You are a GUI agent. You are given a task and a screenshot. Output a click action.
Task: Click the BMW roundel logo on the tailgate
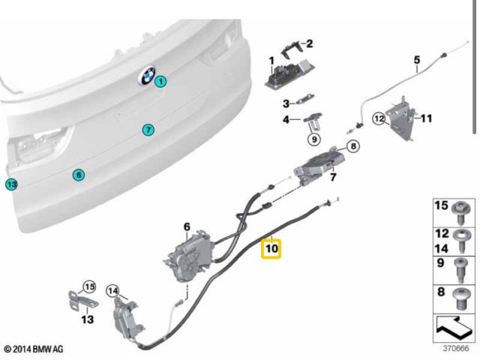[145, 77]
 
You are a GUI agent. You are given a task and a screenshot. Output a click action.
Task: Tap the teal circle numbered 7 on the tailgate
[148, 130]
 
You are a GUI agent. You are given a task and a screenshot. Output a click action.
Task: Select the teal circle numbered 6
[79, 175]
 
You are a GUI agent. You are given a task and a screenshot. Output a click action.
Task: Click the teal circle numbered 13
[10, 184]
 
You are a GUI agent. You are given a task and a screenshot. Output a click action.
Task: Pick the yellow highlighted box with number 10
[271, 247]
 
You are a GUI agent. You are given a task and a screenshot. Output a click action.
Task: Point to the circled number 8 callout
[353, 146]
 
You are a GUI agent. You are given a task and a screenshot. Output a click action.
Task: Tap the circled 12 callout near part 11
[379, 118]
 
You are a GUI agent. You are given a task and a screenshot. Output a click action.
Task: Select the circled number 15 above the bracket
[89, 286]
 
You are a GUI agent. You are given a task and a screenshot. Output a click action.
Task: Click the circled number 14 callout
[112, 291]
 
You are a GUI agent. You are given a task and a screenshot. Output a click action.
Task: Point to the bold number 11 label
[426, 118]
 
